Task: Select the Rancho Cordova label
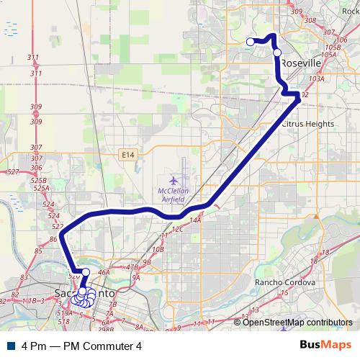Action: pyautogui.click(x=285, y=283)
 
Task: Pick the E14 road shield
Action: pyautogui.click(x=128, y=154)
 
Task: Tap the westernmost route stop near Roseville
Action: pyautogui.click(x=251, y=42)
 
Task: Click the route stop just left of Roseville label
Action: pyautogui.click(x=277, y=52)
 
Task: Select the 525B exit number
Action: pyautogui.click(x=39, y=181)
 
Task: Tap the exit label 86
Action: pyautogui.click(x=53, y=238)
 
